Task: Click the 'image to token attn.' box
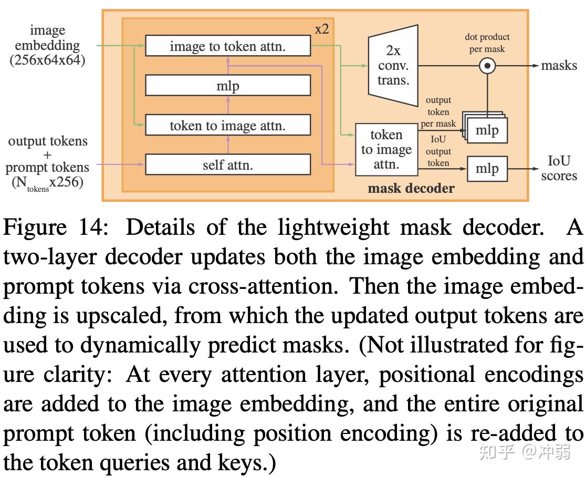[x=227, y=46]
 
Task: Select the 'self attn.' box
[x=227, y=165]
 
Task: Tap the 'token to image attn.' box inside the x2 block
[x=227, y=126]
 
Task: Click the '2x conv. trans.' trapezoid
[x=393, y=66]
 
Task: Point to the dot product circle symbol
[x=488, y=66]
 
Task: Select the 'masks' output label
[x=559, y=66]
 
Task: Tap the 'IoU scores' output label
[x=559, y=168]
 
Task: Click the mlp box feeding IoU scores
[x=487, y=169]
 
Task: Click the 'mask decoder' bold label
[x=411, y=188]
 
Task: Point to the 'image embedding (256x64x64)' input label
[x=47, y=45]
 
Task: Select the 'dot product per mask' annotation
[x=487, y=43]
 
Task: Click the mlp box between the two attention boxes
[x=227, y=86]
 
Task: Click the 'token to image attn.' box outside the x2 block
[x=386, y=149]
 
